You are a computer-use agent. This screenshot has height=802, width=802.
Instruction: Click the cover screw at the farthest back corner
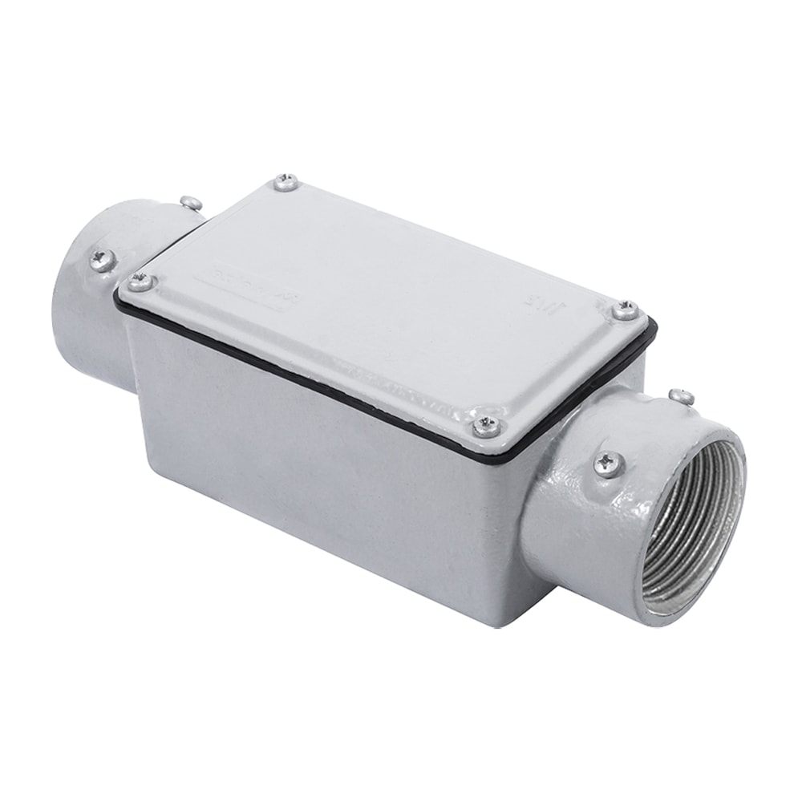pos(286,183)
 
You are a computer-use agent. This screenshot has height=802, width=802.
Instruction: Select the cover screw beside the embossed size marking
pos(625,310)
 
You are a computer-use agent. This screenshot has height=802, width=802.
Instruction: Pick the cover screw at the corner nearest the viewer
pos(486,425)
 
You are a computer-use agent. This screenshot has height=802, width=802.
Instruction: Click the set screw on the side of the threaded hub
pos(608,463)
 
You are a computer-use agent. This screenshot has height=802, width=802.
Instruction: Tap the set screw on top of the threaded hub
pos(682,395)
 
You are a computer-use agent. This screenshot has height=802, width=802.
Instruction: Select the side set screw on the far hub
pos(103,258)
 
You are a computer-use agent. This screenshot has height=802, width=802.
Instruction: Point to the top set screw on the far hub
pos(191,203)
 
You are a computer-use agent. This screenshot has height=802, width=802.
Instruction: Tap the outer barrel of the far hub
pos(80,321)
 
